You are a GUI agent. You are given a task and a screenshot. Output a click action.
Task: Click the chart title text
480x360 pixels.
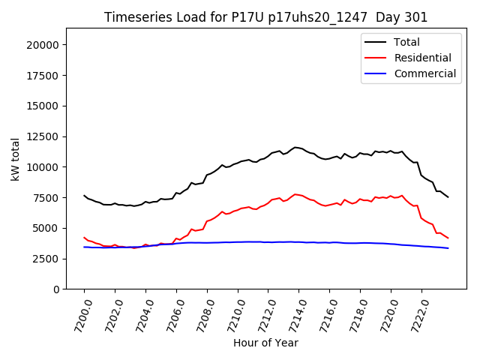pos(265,17)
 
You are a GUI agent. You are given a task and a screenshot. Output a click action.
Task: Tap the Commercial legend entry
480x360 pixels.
pos(424,73)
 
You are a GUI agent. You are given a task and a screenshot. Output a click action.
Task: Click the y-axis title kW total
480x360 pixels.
pos(16,158)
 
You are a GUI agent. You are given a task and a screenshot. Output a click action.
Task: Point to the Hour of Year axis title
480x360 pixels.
pos(265,343)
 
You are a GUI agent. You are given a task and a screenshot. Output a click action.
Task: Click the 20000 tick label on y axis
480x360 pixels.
pos(43,45)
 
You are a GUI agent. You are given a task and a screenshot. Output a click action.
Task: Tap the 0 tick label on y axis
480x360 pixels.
pos(57,289)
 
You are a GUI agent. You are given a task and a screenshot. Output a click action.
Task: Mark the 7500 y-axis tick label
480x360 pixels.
pos(46,198)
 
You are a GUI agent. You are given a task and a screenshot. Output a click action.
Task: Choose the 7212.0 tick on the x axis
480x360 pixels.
pos(261,314)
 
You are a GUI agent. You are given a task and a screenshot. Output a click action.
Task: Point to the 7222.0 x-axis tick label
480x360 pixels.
pos(414,314)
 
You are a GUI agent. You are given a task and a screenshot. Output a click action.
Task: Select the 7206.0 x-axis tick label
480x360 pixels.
pos(169,314)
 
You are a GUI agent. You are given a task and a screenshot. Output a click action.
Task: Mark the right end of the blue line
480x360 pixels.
pos(448,248)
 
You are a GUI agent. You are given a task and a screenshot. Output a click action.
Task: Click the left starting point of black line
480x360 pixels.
pos(84,195)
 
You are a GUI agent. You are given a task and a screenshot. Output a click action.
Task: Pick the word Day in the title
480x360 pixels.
pos(391,17)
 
